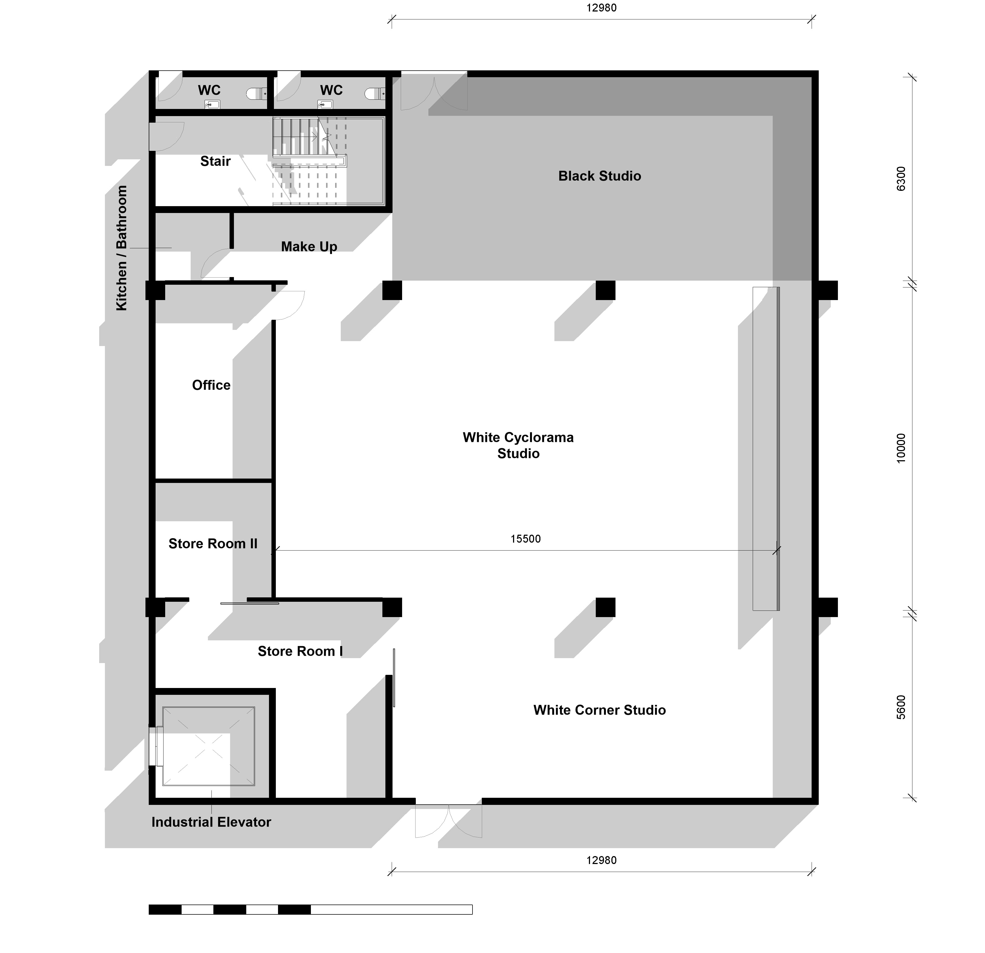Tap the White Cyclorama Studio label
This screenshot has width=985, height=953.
pos(518,446)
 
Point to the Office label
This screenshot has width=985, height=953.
pos(211,385)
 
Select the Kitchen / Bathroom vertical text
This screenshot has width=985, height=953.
pos(122,248)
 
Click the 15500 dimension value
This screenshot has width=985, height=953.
pos(526,539)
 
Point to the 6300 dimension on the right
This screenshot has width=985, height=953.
pos(901,179)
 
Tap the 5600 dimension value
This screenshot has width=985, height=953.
pos(901,707)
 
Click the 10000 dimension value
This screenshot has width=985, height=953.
pos(901,448)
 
